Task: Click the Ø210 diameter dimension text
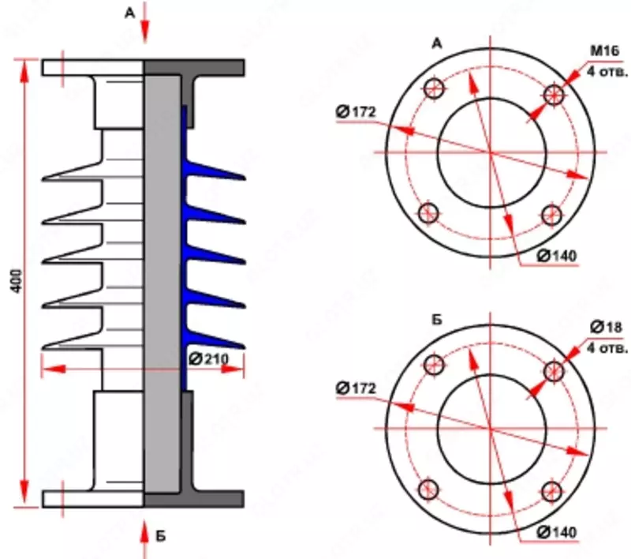pos(208,358)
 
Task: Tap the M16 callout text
pos(603,53)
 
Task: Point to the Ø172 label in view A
pos(354,112)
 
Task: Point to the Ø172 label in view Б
pos(354,388)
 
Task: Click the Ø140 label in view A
pos(557,256)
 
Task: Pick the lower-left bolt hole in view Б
pos(429,489)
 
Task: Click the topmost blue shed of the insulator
pos(213,171)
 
